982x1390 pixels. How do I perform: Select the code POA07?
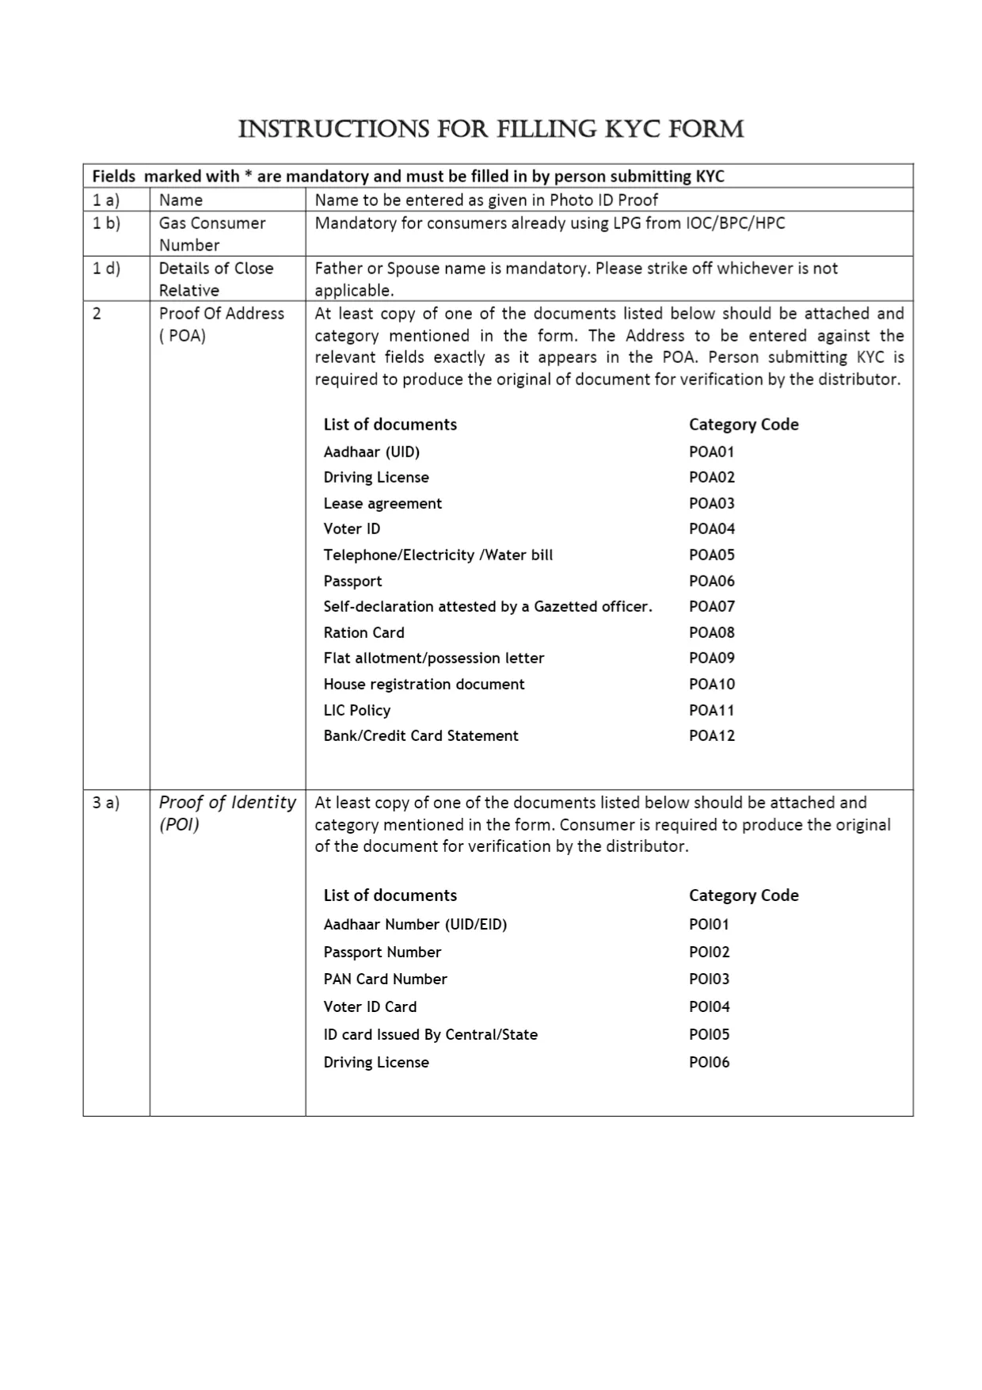click(x=711, y=606)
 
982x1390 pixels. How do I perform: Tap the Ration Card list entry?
click(x=363, y=632)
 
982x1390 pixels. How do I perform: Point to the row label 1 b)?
click(x=106, y=223)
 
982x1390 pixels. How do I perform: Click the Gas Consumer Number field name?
click(x=211, y=234)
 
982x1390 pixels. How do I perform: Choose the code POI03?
click(x=709, y=979)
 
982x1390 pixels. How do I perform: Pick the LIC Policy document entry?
click(x=356, y=710)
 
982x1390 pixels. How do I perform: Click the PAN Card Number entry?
click(x=385, y=979)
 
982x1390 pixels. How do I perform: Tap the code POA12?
click(x=711, y=735)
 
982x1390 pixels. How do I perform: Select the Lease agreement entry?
click(x=383, y=503)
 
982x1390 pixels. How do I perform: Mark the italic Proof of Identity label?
click(x=226, y=812)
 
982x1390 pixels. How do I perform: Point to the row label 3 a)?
click(x=106, y=802)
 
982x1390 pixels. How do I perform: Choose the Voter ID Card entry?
click(x=370, y=1006)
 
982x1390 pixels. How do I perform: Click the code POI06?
click(x=709, y=1062)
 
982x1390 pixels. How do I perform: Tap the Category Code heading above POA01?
click(x=743, y=424)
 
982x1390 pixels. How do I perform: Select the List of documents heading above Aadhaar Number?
click(x=390, y=895)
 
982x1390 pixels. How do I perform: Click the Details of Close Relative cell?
click(x=215, y=279)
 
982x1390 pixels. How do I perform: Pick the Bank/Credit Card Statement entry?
click(x=421, y=735)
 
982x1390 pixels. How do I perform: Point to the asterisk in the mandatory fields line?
click(x=248, y=174)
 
